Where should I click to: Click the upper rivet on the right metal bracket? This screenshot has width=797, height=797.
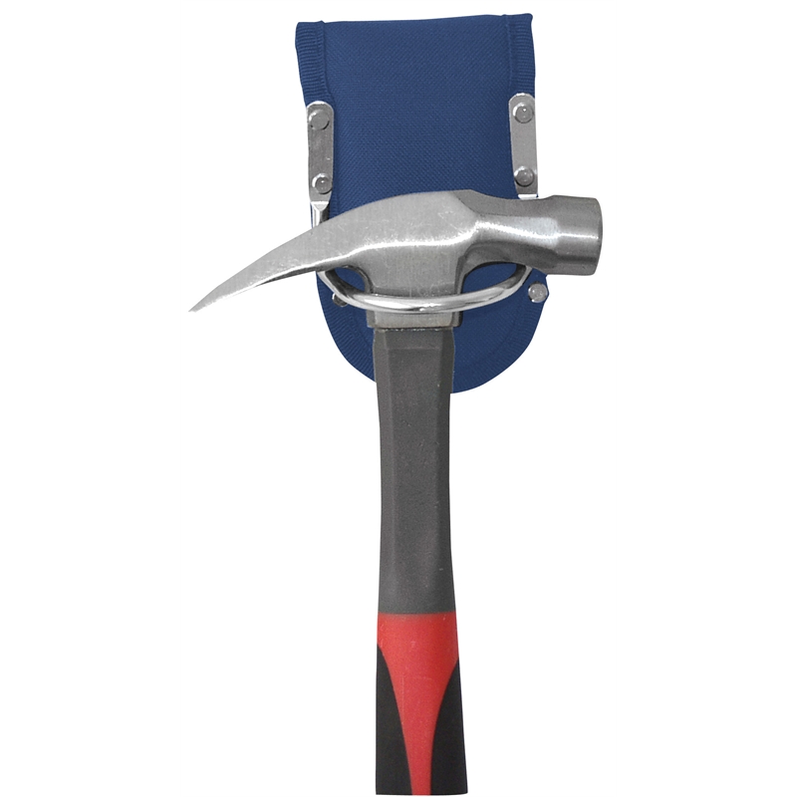(522, 113)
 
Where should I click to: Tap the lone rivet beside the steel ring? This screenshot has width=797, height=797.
(538, 293)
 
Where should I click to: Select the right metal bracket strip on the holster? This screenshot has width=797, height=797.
(523, 144)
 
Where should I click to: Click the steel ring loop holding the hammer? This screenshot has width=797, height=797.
(418, 300)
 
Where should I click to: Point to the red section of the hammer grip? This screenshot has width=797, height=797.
(418, 648)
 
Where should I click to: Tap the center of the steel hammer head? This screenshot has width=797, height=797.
(428, 239)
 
